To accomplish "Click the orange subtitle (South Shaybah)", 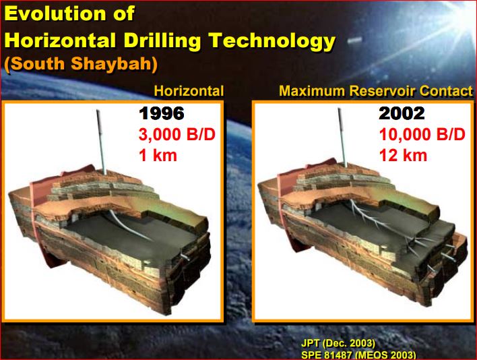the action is pyautogui.click(x=81, y=63).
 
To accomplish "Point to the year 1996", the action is pyautogui.click(x=162, y=113).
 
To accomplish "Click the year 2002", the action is pyautogui.click(x=402, y=113).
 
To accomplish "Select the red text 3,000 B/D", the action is pyautogui.click(x=177, y=135).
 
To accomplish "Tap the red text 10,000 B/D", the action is pyautogui.click(x=422, y=135).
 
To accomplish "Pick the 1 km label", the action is pyautogui.click(x=158, y=156).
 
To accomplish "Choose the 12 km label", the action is pyautogui.click(x=403, y=156).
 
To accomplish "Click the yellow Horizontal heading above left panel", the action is pyautogui.click(x=189, y=91).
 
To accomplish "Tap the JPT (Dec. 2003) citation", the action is pyautogui.click(x=338, y=343).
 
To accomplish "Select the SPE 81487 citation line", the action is pyautogui.click(x=358, y=355).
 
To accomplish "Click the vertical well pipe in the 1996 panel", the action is pyautogui.click(x=101, y=142).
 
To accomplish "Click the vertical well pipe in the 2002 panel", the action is pyautogui.click(x=342, y=138).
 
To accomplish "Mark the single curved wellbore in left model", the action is pyautogui.click(x=128, y=226).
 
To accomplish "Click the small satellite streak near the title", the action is pyautogui.click(x=354, y=40).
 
